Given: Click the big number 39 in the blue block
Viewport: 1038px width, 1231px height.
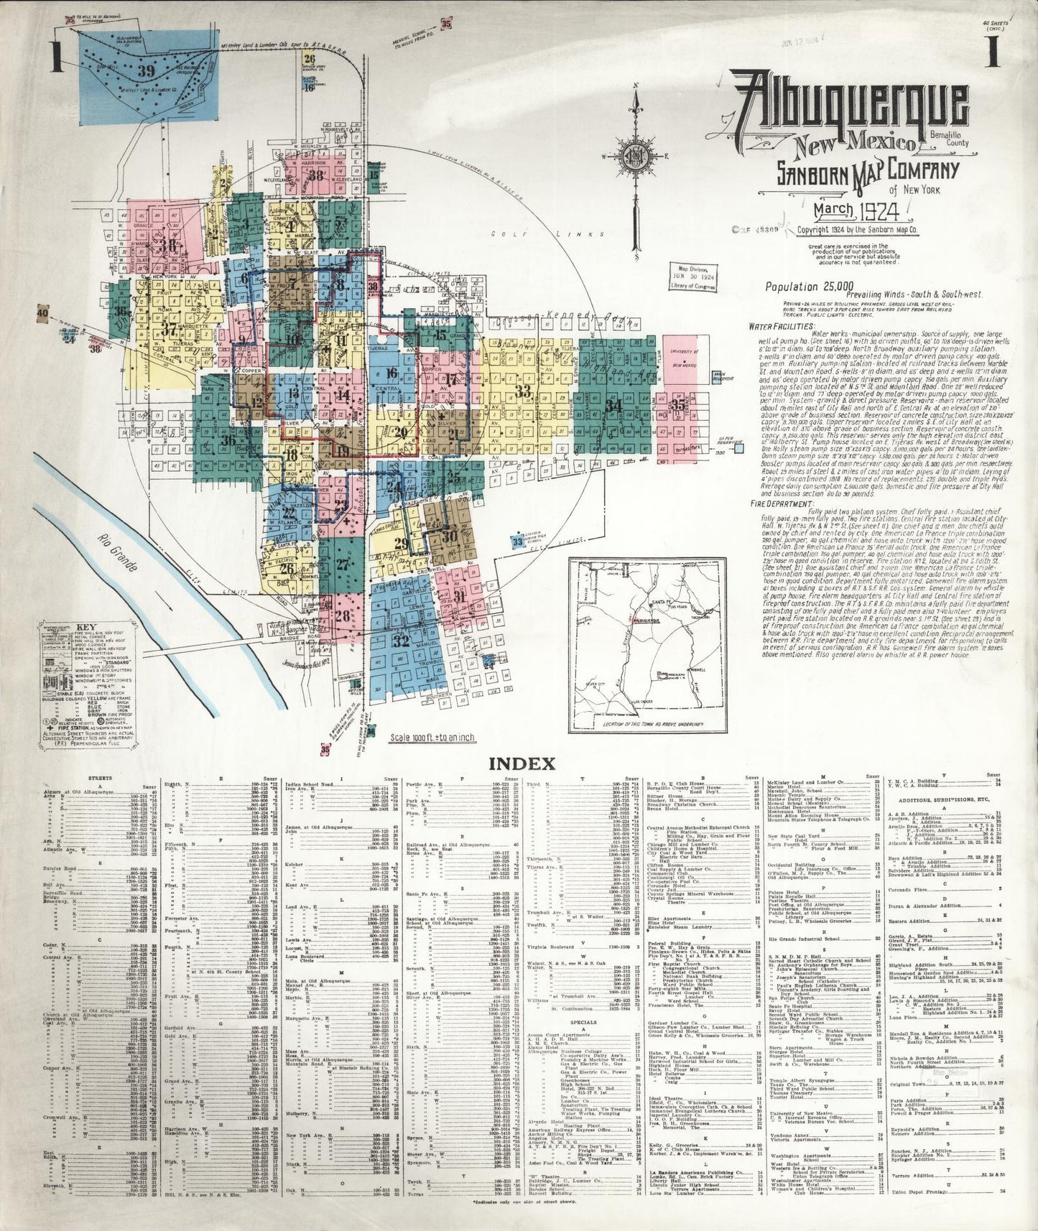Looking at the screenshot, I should click(x=147, y=70).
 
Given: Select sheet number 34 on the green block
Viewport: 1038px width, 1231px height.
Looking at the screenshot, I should click(x=612, y=405).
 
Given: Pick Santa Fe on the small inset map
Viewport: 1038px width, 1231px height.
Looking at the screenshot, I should click(x=652, y=601).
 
